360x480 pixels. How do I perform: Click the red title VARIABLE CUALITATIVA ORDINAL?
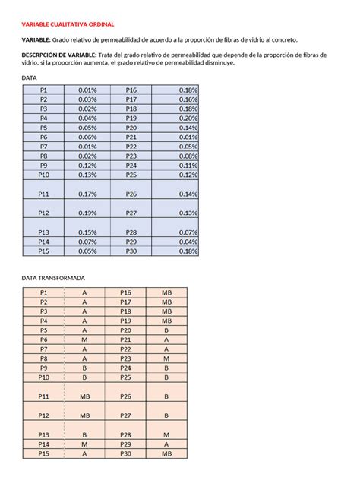pyautogui.click(x=66, y=24)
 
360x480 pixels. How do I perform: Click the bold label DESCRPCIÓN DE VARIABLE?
pyautogui.click(x=58, y=55)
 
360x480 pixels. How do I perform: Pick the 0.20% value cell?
pyautogui.click(x=188, y=118)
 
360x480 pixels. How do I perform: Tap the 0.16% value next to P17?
pyautogui.click(x=188, y=99)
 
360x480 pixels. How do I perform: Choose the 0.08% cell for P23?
pyautogui.click(x=188, y=156)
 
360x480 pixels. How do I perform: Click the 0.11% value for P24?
pyautogui.click(x=188, y=165)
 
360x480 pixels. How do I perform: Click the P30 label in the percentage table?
pyautogui.click(x=131, y=251)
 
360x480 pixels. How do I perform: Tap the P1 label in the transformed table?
pyautogui.click(x=43, y=292)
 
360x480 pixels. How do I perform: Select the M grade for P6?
pyautogui.click(x=84, y=339)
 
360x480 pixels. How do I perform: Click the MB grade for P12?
pyautogui.click(x=84, y=415)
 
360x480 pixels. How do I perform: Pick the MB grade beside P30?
pyautogui.click(x=166, y=453)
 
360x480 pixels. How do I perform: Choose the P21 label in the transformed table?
pyautogui.click(x=125, y=339)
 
